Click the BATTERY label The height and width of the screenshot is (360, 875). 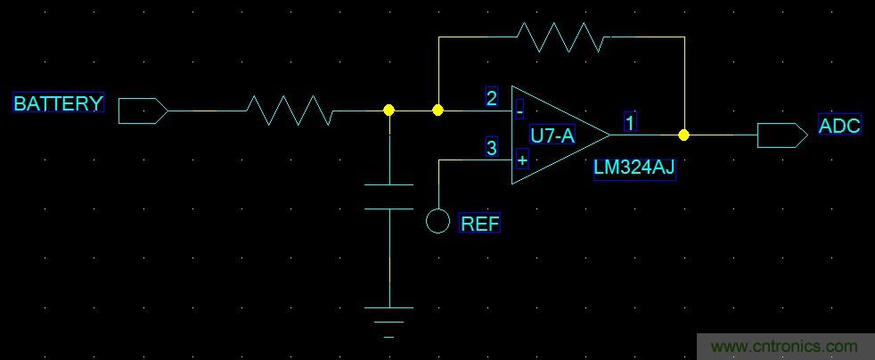[x=59, y=103]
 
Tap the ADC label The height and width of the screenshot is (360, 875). [x=839, y=126]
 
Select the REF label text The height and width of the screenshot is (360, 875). [x=479, y=224]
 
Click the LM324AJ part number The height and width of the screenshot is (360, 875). [x=634, y=169]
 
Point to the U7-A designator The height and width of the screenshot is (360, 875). [x=552, y=136]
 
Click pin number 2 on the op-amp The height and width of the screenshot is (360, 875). [x=491, y=98]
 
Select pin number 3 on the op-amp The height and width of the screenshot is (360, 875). [x=491, y=148]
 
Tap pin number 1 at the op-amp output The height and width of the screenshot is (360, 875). [x=630, y=123]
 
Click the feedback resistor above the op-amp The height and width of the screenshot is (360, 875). [x=562, y=37]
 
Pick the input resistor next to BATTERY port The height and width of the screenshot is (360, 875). [x=290, y=110]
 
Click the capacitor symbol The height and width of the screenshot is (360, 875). [x=389, y=196]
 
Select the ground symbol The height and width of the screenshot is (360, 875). [x=389, y=321]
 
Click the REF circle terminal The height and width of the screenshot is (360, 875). [x=437, y=220]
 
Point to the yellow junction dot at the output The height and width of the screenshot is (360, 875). [x=683, y=135]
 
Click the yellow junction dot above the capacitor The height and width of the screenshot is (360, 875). [x=388, y=110]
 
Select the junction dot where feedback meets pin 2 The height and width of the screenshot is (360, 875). [x=437, y=110]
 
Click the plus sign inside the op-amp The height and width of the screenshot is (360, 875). [x=521, y=160]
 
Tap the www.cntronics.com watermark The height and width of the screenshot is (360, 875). [x=784, y=347]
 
